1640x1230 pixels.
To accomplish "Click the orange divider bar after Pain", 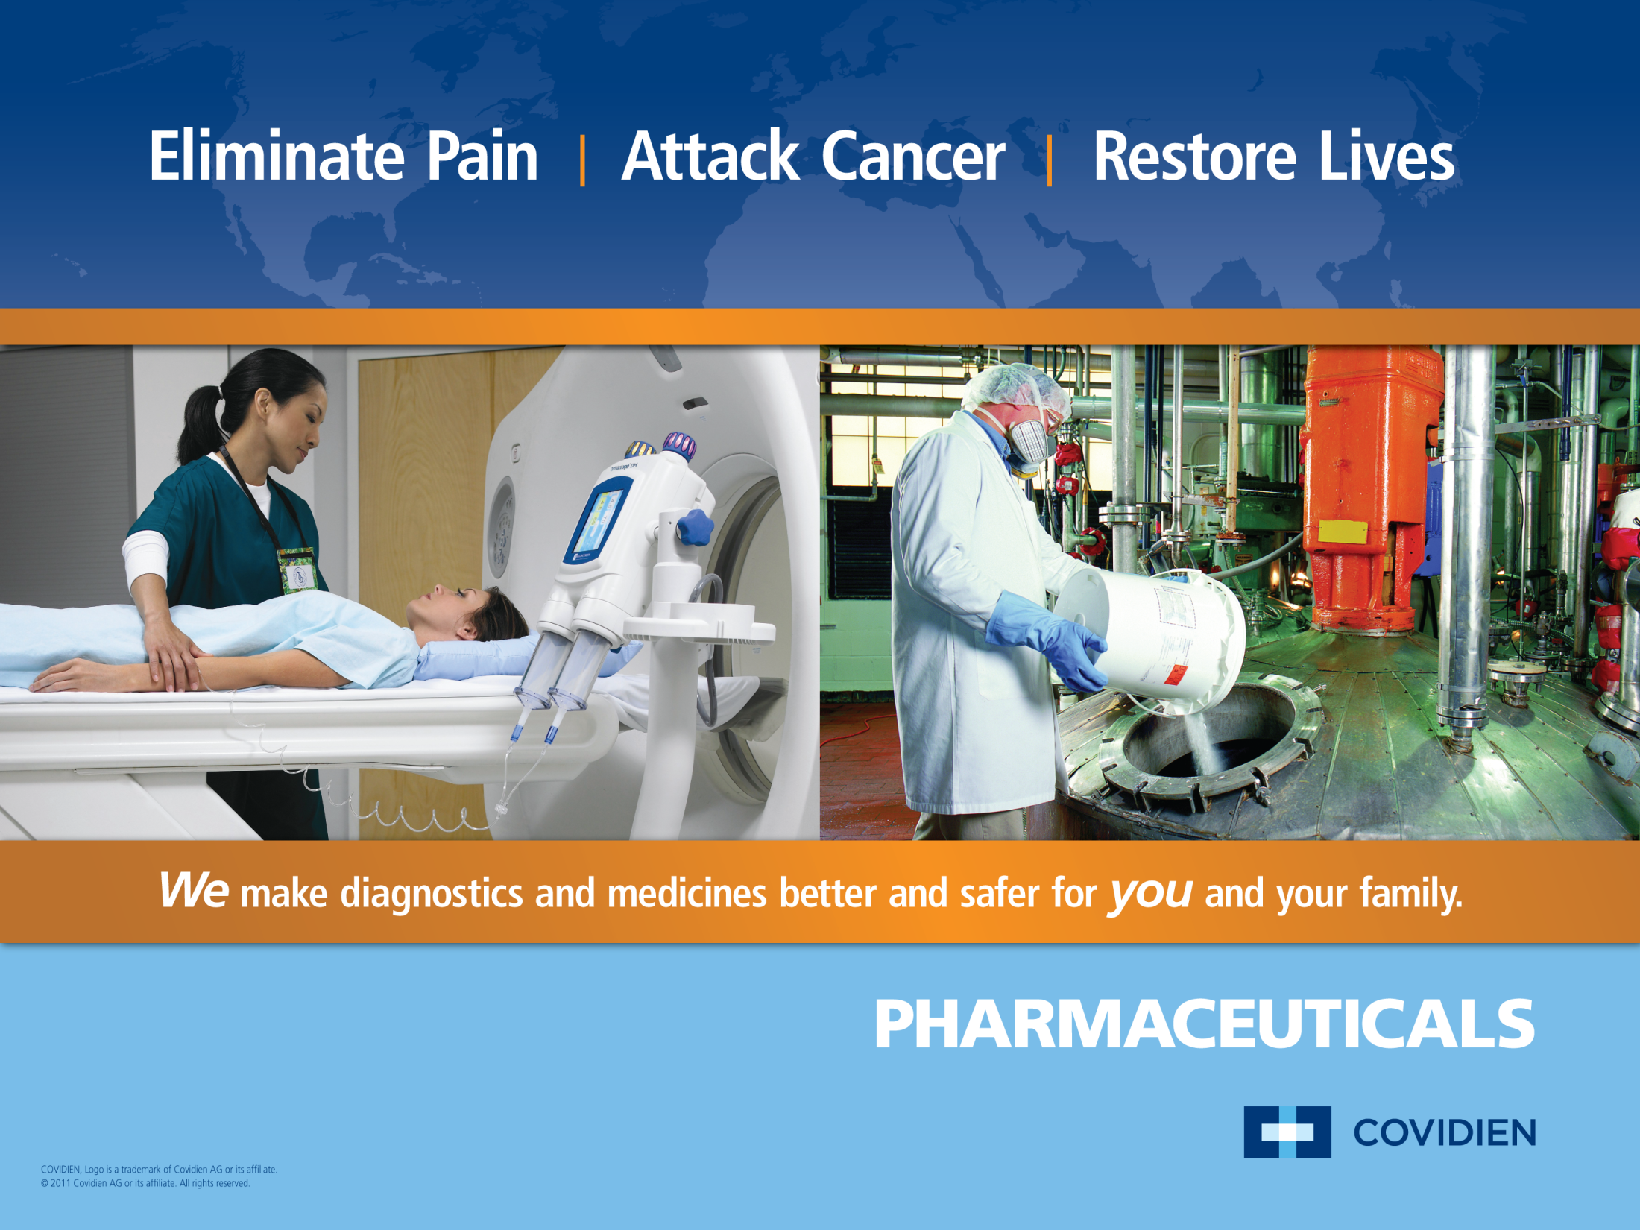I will point(582,160).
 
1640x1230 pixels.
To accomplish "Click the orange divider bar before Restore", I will point(1050,160).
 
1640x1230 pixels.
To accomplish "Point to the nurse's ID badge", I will point(298,570).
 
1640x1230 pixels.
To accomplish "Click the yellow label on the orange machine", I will point(1343,532).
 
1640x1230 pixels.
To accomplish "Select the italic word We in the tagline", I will point(194,891).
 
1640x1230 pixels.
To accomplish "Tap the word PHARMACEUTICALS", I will point(1204,1025).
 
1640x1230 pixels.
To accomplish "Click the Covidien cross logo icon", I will point(1287,1132).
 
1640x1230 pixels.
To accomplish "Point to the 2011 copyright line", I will point(145,1183).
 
